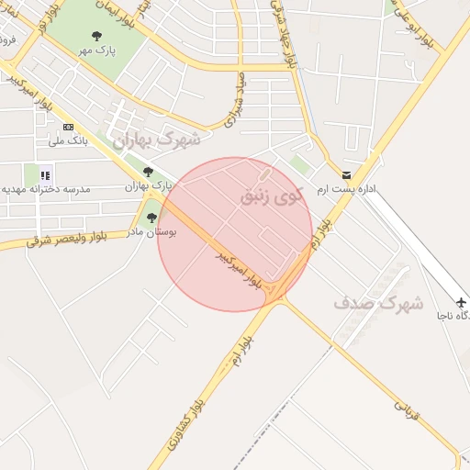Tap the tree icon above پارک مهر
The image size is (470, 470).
(96, 37)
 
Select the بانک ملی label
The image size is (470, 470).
(65, 140)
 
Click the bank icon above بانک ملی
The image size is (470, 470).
(67, 127)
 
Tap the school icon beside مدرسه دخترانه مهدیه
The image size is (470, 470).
(45, 174)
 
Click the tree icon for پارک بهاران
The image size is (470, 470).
(148, 172)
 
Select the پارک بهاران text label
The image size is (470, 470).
(150, 186)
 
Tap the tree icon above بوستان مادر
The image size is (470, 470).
(151, 218)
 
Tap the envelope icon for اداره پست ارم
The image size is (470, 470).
(346, 174)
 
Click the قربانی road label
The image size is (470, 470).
(407, 412)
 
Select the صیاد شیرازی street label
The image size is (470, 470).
(234, 99)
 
